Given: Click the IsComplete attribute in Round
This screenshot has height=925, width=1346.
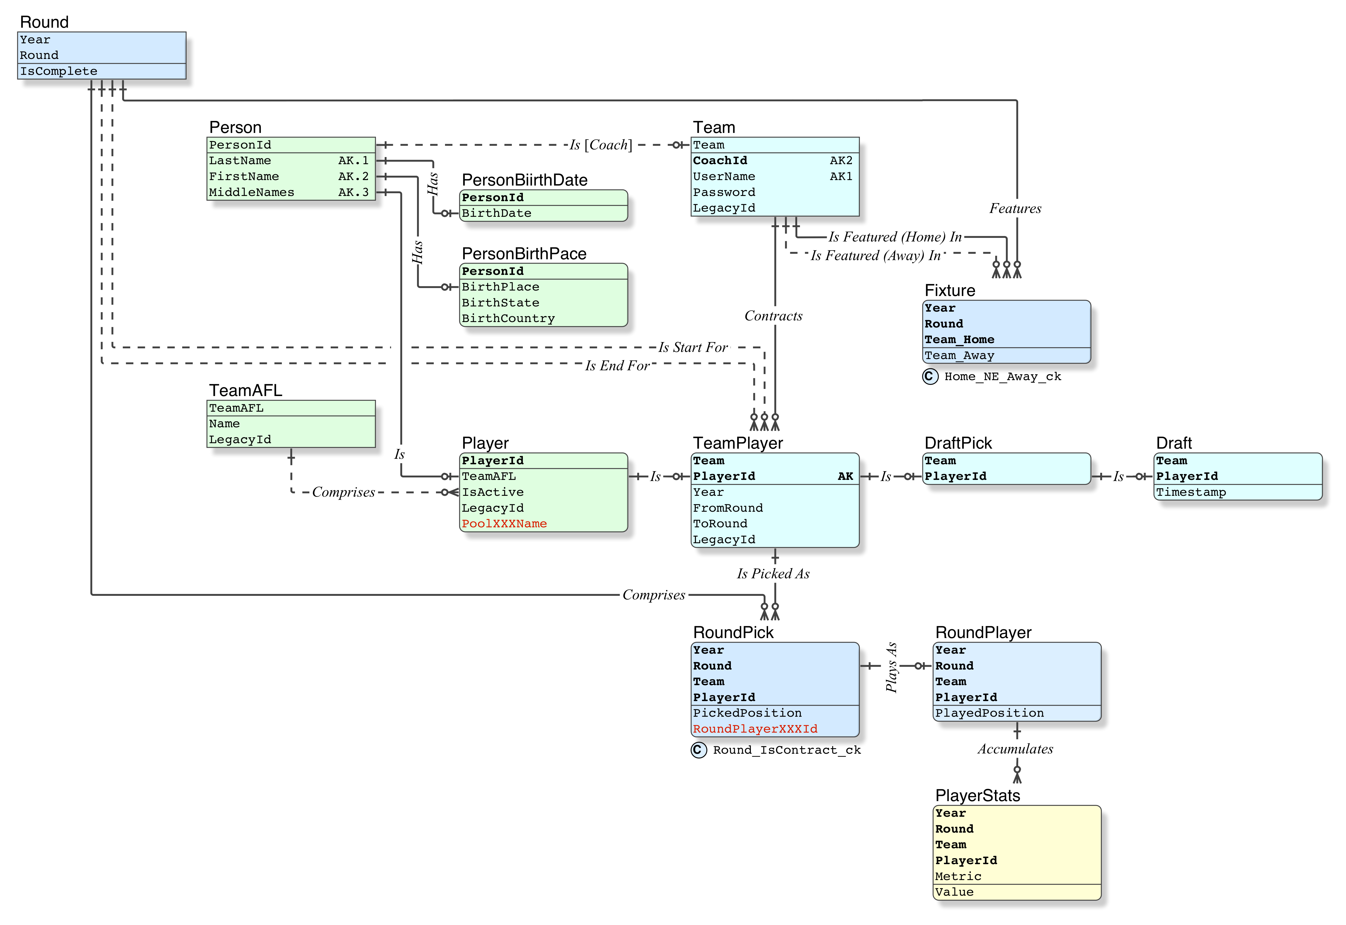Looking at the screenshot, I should pyautogui.click(x=59, y=71).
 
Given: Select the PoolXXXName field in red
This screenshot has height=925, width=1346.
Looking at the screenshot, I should pyautogui.click(x=504, y=524).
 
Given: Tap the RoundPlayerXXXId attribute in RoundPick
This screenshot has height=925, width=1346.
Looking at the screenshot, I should pyautogui.click(x=755, y=729).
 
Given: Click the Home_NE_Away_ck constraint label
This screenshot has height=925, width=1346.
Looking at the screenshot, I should pyautogui.click(x=1002, y=377).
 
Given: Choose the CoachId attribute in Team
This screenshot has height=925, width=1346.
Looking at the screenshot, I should pyautogui.click(x=720, y=161).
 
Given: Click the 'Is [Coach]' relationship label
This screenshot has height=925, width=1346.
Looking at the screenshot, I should pyautogui.click(x=601, y=145).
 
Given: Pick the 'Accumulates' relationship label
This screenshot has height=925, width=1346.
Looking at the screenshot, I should pyautogui.click(x=1015, y=749).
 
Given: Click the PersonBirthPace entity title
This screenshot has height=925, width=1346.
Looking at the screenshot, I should pyautogui.click(x=524, y=254).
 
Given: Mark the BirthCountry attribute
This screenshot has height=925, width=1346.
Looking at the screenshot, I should pyautogui.click(x=508, y=319).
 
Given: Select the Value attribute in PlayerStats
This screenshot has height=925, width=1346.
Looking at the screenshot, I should pyautogui.click(x=954, y=893).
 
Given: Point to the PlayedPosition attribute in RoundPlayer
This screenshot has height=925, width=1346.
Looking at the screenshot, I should pyautogui.click(x=989, y=713).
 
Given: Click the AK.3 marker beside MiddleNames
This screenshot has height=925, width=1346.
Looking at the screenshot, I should pyautogui.click(x=353, y=192).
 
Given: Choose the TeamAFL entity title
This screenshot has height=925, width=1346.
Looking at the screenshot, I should pyautogui.click(x=246, y=391).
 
